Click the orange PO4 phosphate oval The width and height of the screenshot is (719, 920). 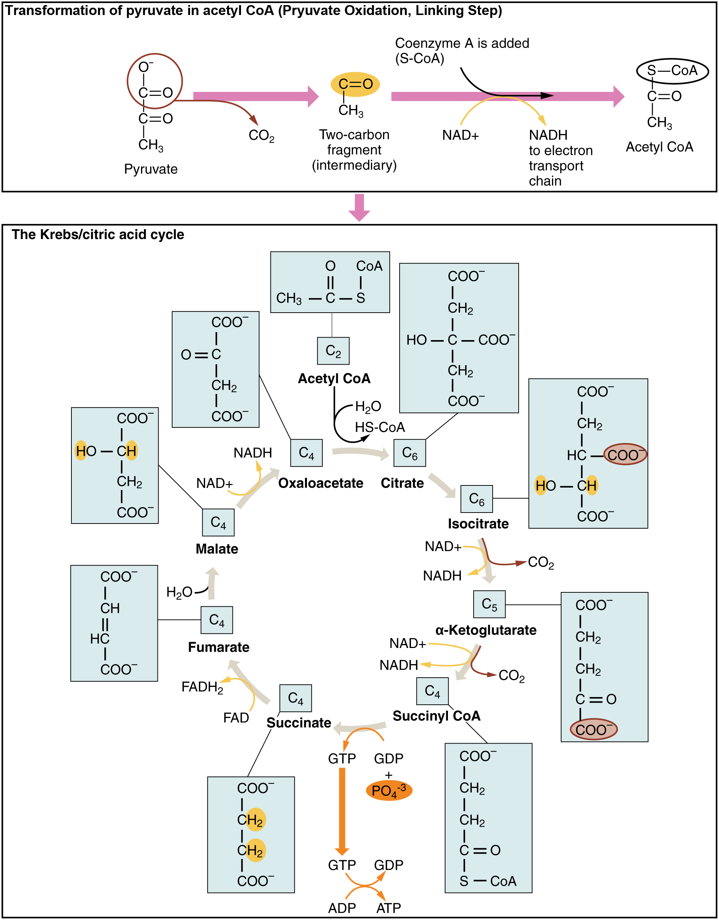[389, 791]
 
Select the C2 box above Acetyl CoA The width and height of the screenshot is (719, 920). [333, 351]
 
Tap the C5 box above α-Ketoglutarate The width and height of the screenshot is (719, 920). [489, 604]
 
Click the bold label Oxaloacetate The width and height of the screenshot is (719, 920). [321, 483]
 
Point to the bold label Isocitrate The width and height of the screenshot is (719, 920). [478, 524]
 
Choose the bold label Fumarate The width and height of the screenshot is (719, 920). [218, 647]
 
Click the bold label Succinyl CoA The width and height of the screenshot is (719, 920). [436, 716]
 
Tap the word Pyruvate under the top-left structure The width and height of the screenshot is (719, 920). [151, 169]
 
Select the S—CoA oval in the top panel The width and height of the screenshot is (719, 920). [672, 71]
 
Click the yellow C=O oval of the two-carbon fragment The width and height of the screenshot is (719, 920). [355, 84]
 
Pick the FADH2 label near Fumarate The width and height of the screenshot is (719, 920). [202, 687]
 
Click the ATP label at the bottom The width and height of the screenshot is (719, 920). [388, 908]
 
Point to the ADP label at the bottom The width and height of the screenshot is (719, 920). [342, 908]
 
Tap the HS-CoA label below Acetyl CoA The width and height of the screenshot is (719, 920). [379, 427]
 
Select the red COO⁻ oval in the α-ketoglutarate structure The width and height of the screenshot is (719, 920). [593, 729]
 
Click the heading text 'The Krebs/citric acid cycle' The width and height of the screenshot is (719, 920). [98, 234]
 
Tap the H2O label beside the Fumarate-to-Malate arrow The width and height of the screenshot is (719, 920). [179, 592]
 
